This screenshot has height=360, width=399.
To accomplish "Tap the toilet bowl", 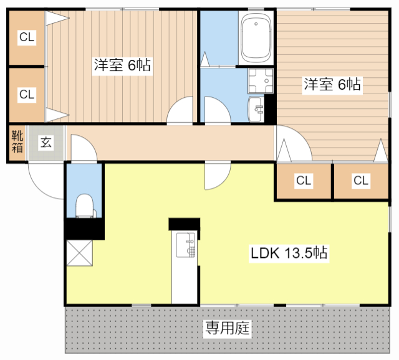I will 84,205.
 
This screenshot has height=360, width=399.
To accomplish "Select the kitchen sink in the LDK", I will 185,244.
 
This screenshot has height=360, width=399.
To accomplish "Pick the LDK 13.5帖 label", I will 290,253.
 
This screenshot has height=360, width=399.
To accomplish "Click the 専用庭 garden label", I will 228,328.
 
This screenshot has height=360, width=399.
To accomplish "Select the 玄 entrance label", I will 46,143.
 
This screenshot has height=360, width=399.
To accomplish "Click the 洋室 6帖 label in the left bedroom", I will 122,65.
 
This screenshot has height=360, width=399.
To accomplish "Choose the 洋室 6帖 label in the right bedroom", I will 332,85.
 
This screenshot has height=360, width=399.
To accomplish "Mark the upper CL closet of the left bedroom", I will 26,38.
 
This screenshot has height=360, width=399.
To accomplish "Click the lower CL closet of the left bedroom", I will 26,94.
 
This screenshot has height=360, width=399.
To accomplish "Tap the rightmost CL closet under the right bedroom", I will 361,181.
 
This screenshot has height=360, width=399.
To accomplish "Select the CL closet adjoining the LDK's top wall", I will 304,181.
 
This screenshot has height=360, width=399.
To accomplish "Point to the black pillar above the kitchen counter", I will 185,225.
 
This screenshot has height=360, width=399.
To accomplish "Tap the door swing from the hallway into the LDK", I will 216,175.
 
